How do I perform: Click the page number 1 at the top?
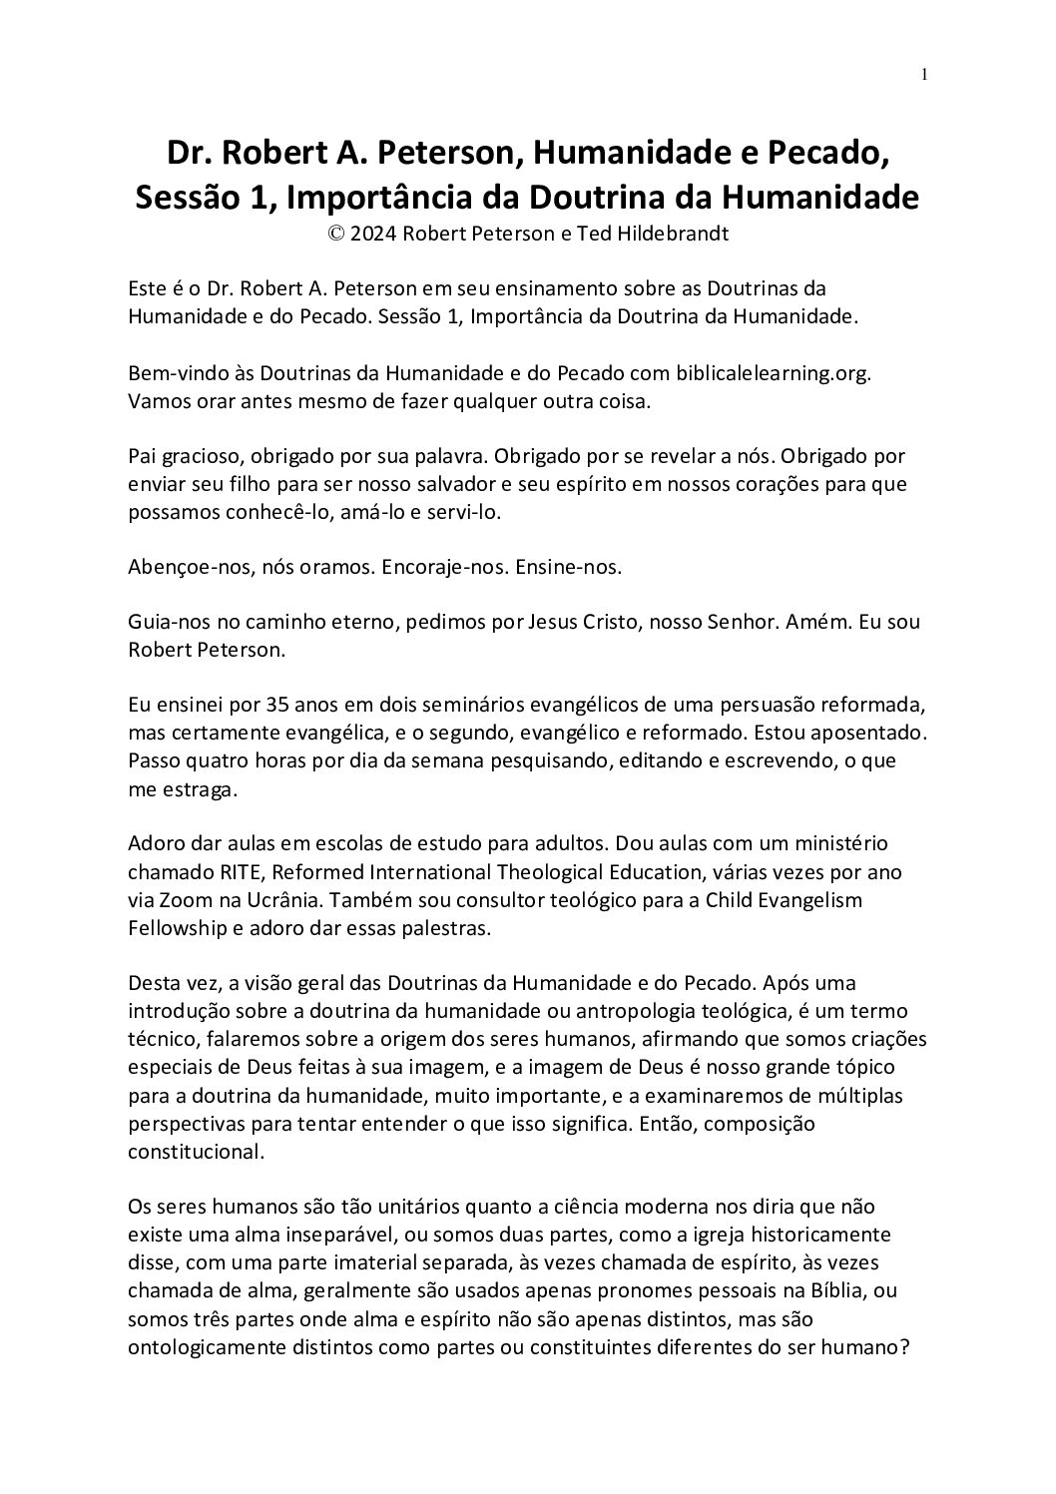[925, 74]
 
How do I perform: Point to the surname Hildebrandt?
[686, 235]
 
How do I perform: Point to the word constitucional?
[196, 1150]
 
